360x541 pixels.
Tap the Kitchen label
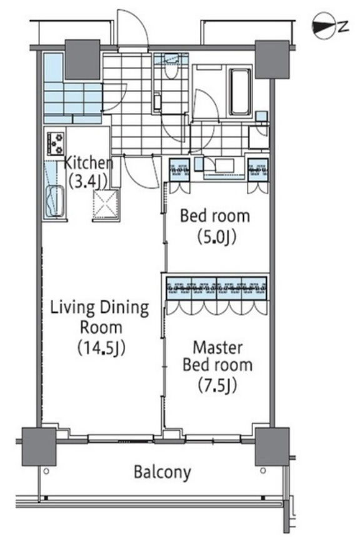[x=89, y=163]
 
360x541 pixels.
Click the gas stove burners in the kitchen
[x=56, y=144]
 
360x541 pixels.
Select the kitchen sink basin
[x=55, y=201]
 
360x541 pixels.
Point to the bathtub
[x=240, y=91]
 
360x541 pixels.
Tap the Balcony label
[x=162, y=472]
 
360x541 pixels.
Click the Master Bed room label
[x=217, y=356]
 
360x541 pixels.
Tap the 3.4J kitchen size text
[x=88, y=181]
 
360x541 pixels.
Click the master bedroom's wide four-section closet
[x=217, y=288]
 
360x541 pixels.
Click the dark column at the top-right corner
[x=272, y=59]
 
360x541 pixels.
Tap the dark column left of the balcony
[x=39, y=447]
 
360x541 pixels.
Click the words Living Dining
[x=100, y=308]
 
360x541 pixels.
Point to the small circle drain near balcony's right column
[x=263, y=470]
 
